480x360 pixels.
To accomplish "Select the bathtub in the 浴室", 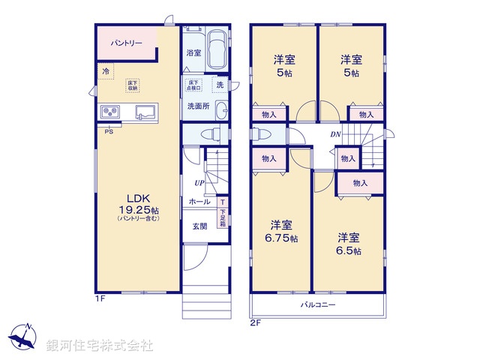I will (x=217, y=50).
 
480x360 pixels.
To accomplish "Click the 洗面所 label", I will (x=198, y=106).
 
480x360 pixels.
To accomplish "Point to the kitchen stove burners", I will (x=112, y=112).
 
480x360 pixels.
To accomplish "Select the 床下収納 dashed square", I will (x=132, y=85).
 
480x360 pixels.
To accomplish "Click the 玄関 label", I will (x=199, y=226).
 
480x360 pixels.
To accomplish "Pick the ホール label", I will (x=199, y=202).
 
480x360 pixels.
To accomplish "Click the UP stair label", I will (x=199, y=183).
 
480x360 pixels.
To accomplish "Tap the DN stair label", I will (x=337, y=134).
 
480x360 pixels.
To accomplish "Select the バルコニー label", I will (x=318, y=305).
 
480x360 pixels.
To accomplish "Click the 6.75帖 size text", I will (x=281, y=238).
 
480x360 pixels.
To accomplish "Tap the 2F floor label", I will (x=255, y=323).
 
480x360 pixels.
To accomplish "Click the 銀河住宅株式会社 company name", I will (x=100, y=346).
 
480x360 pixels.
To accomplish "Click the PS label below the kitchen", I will (x=109, y=131).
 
